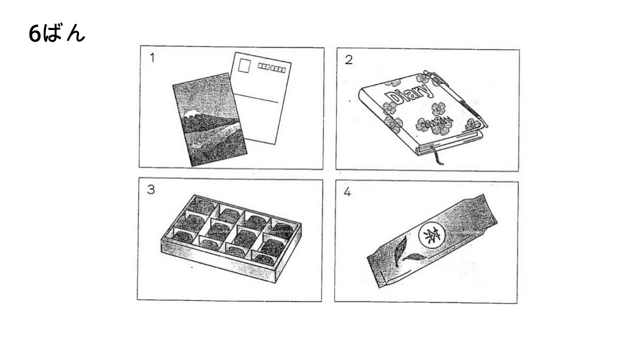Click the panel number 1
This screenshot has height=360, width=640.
pyautogui.click(x=151, y=58)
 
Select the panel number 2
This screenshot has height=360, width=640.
pyautogui.click(x=348, y=59)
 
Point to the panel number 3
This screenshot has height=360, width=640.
pyautogui.click(x=150, y=191)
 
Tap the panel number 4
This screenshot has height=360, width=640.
pyautogui.click(x=347, y=192)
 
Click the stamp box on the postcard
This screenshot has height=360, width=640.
pyautogui.click(x=245, y=65)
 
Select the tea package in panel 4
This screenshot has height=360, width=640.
pyautogui.click(x=433, y=240)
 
